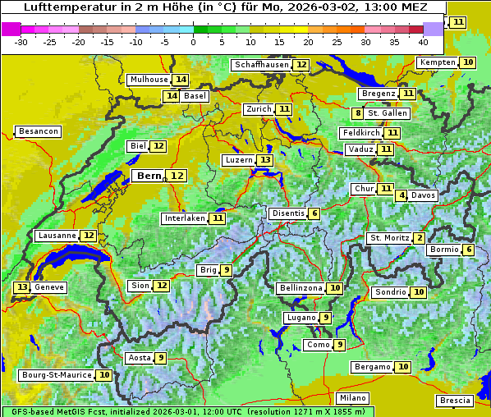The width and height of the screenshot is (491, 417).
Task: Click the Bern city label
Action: [x=149, y=176]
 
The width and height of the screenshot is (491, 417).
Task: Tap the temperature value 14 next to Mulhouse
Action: [x=181, y=80]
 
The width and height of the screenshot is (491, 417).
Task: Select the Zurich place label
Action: [x=259, y=109]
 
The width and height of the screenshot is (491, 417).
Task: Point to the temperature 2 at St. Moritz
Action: [x=420, y=238]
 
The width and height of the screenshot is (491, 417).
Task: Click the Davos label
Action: [x=424, y=195]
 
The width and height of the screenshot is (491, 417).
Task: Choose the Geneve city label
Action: [x=49, y=287]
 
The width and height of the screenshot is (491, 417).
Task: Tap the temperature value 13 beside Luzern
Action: [x=264, y=160]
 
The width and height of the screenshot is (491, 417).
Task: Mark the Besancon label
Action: [x=39, y=131]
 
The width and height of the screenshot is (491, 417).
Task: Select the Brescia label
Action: [x=455, y=401]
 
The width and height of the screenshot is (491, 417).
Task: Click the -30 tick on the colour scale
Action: [x=21, y=42]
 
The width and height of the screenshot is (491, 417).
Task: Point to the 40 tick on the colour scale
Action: [x=423, y=42]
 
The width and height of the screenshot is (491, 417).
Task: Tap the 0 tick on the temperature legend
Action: [x=194, y=42]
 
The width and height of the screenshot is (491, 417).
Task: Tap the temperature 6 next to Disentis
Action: [x=314, y=213]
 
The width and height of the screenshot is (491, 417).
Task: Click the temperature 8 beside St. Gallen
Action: [x=358, y=112]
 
